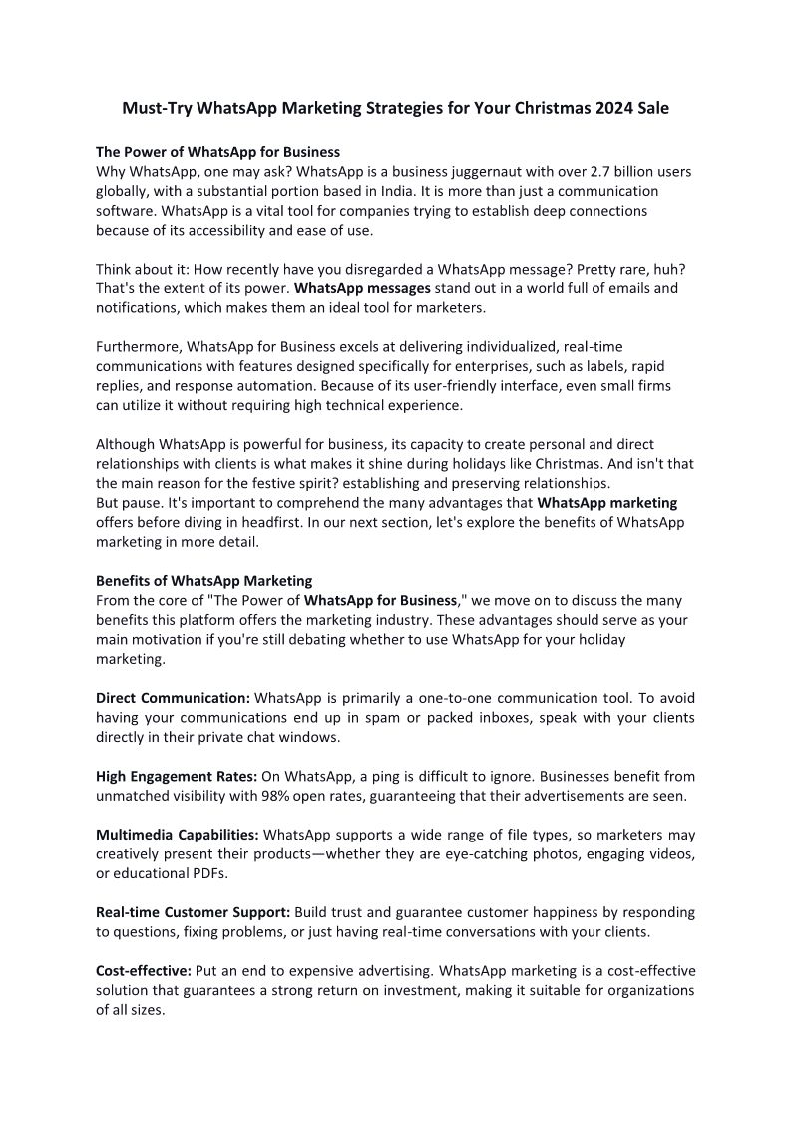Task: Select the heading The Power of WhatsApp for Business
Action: [x=217, y=152]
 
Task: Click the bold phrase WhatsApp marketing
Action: [x=606, y=502]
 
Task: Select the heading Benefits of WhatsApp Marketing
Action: [x=203, y=580]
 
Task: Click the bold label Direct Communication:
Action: [x=173, y=697]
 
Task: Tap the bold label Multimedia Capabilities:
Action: [x=178, y=834]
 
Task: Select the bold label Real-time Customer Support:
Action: [x=193, y=912]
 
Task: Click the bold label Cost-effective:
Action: [x=144, y=970]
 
